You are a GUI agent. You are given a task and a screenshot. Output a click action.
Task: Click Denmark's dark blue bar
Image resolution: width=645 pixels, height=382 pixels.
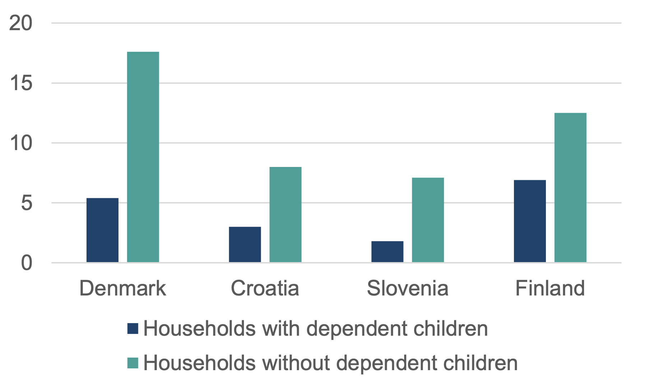point(102,230)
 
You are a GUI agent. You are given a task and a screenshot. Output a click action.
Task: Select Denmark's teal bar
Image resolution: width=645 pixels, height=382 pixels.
point(143,157)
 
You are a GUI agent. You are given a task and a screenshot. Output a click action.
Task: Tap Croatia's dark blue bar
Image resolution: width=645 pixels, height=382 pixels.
point(245,244)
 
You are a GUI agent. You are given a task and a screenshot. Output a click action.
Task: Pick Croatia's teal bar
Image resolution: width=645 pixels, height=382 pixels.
point(286,215)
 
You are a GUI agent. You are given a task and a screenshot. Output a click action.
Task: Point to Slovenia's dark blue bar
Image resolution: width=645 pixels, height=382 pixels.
point(387,252)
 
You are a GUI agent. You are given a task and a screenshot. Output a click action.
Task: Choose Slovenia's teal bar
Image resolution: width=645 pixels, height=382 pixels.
point(428,220)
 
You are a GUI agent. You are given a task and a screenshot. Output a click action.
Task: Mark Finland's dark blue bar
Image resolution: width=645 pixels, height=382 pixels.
point(530,221)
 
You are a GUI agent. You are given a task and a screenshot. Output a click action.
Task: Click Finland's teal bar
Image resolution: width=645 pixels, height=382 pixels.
point(570,188)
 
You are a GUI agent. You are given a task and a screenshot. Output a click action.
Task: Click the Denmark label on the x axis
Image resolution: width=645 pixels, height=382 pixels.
point(122,288)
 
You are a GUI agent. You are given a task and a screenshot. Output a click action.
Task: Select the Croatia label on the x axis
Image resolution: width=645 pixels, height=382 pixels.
point(265,288)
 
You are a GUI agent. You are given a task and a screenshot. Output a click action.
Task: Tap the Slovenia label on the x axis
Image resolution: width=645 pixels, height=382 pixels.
point(408,288)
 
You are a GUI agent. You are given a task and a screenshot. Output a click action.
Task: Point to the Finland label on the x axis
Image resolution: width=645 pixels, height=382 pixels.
point(550,288)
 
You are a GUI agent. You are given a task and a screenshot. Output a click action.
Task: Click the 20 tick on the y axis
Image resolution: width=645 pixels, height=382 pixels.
point(21,23)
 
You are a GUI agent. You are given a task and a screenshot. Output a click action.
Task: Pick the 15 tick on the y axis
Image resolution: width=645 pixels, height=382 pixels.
point(21,83)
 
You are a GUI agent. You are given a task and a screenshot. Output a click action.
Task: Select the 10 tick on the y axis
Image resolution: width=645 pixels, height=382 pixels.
point(21,143)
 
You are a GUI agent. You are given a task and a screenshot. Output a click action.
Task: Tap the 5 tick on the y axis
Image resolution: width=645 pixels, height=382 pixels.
point(27,203)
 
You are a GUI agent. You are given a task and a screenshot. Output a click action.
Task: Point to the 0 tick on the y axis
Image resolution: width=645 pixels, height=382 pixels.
point(27,263)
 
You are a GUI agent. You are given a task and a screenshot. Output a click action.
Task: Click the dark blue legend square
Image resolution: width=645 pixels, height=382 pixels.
point(133,329)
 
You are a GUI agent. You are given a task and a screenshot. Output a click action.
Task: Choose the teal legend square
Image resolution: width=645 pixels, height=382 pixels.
point(133,363)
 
